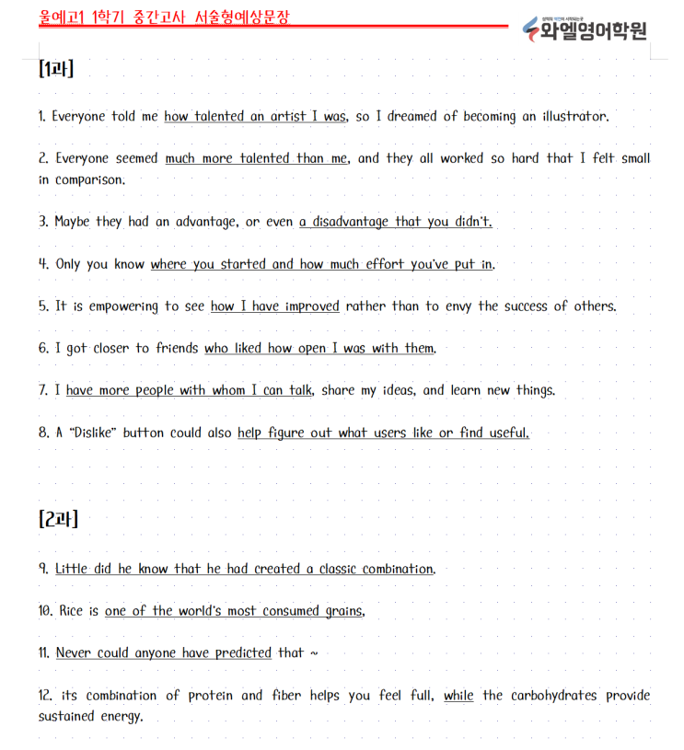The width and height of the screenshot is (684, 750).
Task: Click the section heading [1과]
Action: point(56,69)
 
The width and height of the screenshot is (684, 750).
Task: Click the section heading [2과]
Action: point(58,519)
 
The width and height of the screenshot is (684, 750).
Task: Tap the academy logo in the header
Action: point(585,29)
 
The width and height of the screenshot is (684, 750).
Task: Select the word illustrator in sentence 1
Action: point(574,117)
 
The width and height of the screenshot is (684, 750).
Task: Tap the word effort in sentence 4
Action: point(385,264)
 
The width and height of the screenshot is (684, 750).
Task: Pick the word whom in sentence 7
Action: point(228,391)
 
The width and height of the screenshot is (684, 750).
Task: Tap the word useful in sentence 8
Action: point(507,433)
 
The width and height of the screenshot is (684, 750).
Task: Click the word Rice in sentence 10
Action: point(70,611)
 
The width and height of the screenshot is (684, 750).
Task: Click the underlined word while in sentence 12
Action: point(458,696)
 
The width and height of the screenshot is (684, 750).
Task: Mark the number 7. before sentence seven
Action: point(43,391)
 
